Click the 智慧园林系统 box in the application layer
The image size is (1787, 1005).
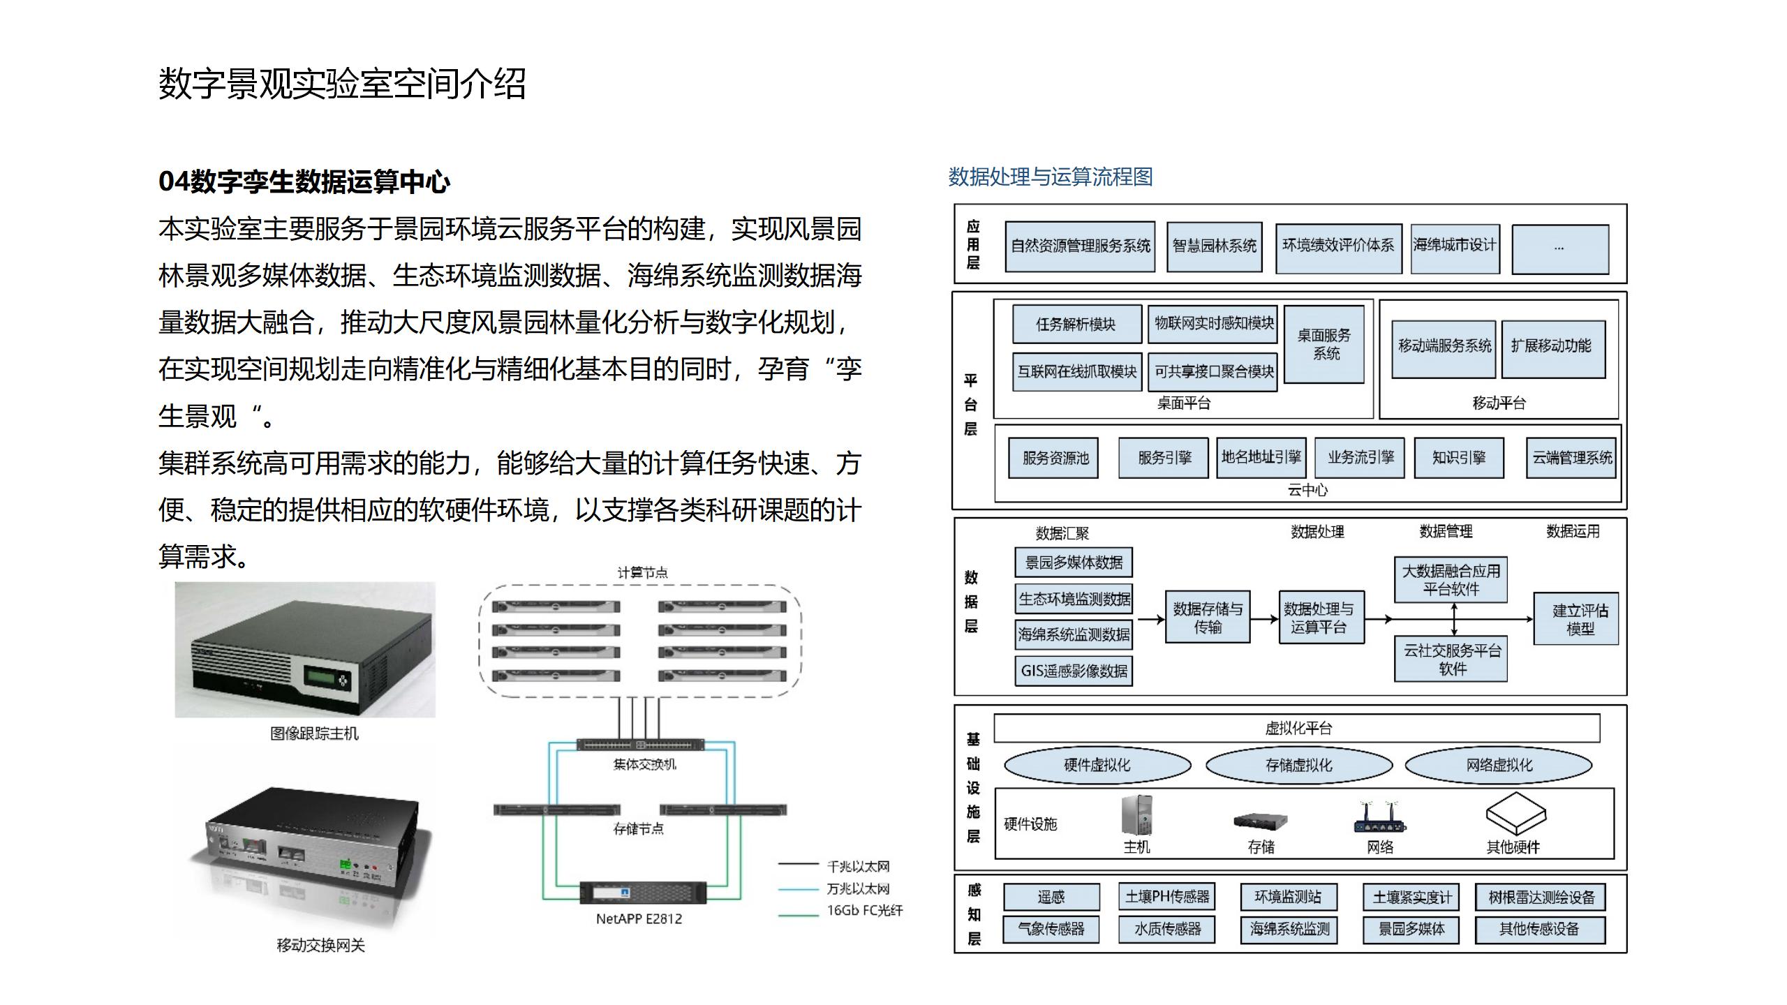tap(1214, 246)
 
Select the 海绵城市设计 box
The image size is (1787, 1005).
tap(1455, 246)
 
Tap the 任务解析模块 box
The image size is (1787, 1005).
tap(1076, 324)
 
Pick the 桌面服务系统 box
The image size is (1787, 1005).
tap(1323, 344)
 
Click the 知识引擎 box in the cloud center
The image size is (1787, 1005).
tap(1459, 458)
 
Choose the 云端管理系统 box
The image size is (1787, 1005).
tap(1571, 458)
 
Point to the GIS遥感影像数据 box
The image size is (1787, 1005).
tap(1074, 671)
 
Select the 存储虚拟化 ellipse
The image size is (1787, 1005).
tap(1298, 765)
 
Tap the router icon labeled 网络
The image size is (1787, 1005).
tap(1379, 819)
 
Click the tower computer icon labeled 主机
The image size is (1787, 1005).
tap(1136, 815)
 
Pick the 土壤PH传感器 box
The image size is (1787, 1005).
tap(1166, 897)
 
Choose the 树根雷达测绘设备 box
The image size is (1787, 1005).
tap(1541, 898)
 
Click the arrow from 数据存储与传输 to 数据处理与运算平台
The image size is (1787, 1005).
tap(1263, 618)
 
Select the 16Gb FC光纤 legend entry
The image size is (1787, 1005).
tap(864, 911)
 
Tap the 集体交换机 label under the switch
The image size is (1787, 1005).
tap(644, 765)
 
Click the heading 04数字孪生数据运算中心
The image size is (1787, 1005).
tap(304, 181)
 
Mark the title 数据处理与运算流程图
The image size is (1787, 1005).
tap(1050, 177)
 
